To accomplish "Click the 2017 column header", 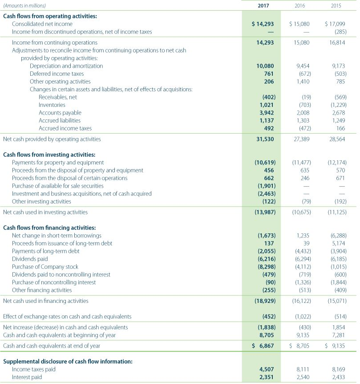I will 266,6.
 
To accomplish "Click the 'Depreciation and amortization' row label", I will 66,65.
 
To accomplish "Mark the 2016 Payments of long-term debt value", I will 303,251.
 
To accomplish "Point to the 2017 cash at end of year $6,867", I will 265,345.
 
